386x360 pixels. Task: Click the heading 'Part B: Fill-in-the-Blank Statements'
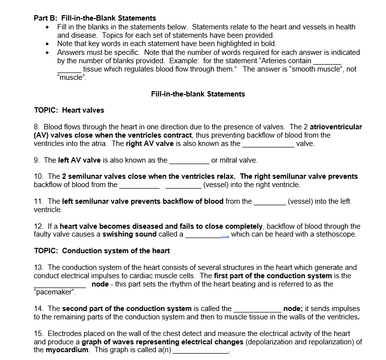point(95,18)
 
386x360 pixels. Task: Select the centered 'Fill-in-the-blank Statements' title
point(198,94)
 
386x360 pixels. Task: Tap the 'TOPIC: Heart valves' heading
point(69,110)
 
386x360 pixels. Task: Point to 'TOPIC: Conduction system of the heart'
point(102,251)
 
